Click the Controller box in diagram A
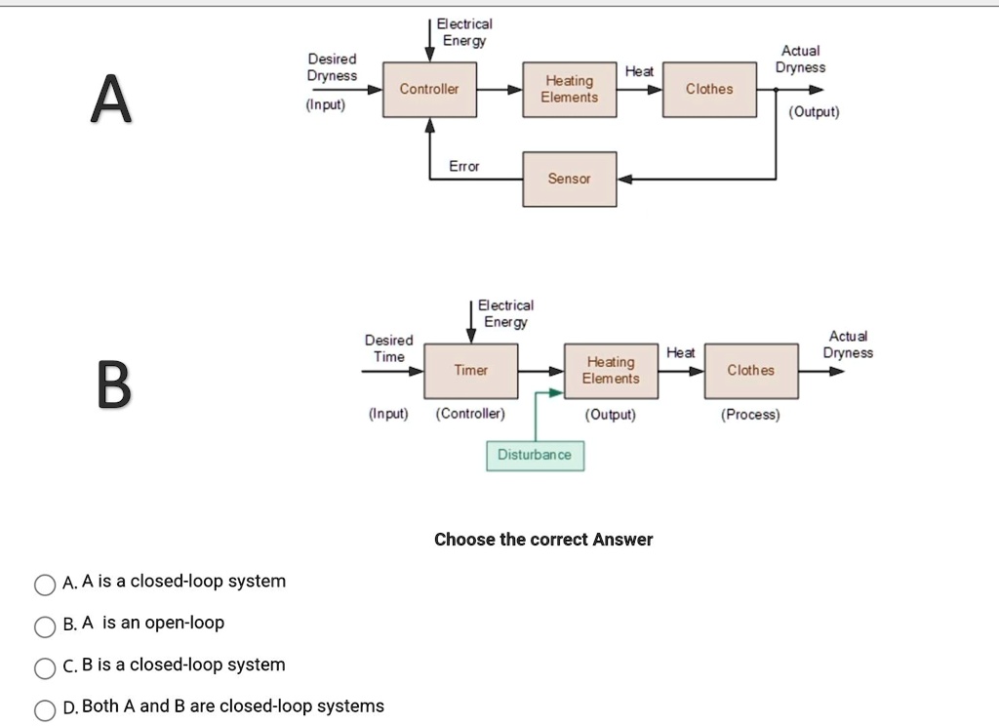click(429, 89)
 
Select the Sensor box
click(570, 179)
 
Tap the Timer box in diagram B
click(470, 370)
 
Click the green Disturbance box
click(535, 455)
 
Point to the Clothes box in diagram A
click(709, 89)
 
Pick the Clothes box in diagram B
click(750, 370)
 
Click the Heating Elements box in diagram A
click(570, 89)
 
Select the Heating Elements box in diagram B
click(611, 370)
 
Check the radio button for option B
click(45, 625)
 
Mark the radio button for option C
click(45, 667)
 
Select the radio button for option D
click(45, 708)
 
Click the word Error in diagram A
click(464, 167)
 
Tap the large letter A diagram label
click(111, 101)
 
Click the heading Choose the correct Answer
click(543, 540)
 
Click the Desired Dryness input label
click(332, 67)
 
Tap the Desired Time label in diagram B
click(388, 348)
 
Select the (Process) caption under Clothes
click(750, 415)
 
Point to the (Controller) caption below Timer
click(470, 415)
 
